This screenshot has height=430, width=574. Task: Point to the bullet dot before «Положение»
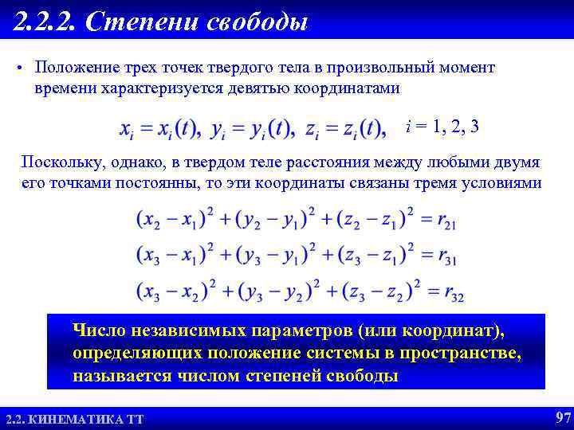[18, 68]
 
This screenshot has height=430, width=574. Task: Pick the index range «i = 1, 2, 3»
[442, 127]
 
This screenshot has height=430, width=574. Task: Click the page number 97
[562, 418]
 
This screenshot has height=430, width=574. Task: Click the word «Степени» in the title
[143, 21]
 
